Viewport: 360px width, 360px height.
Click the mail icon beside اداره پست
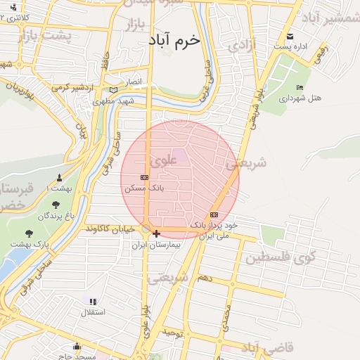click(x=289, y=37)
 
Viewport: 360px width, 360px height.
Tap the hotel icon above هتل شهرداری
click(x=300, y=87)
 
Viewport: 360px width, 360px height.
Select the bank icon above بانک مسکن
click(x=144, y=177)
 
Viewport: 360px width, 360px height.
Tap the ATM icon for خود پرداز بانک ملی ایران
click(x=214, y=214)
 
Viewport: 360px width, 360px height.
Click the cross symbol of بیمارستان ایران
click(x=156, y=233)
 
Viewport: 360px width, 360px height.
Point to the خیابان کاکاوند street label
click(x=110, y=229)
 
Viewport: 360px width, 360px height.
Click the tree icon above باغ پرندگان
click(x=56, y=205)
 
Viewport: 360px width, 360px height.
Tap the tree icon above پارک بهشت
click(x=29, y=233)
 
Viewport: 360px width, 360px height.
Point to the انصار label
click(x=134, y=82)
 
